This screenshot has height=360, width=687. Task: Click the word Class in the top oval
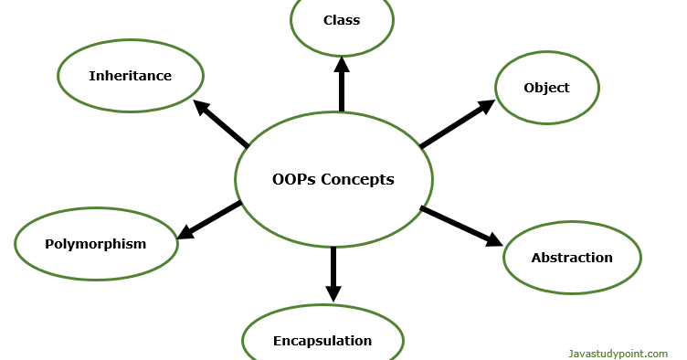[x=342, y=20]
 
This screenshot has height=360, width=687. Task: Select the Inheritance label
[x=130, y=76]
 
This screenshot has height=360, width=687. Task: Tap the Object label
[x=546, y=88]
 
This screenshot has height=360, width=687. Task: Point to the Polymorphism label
[x=96, y=244]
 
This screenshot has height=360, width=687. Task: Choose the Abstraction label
[x=572, y=258]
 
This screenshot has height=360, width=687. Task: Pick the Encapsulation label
[x=322, y=341]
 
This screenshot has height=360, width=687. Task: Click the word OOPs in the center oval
[x=292, y=179]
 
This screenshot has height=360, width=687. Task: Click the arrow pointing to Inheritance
[x=222, y=124]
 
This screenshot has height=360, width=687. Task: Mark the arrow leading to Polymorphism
[x=210, y=219]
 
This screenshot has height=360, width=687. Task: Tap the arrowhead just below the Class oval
[x=342, y=64]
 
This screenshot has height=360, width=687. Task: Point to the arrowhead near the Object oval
[x=485, y=107]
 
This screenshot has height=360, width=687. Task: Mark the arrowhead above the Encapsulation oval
[x=333, y=291]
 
